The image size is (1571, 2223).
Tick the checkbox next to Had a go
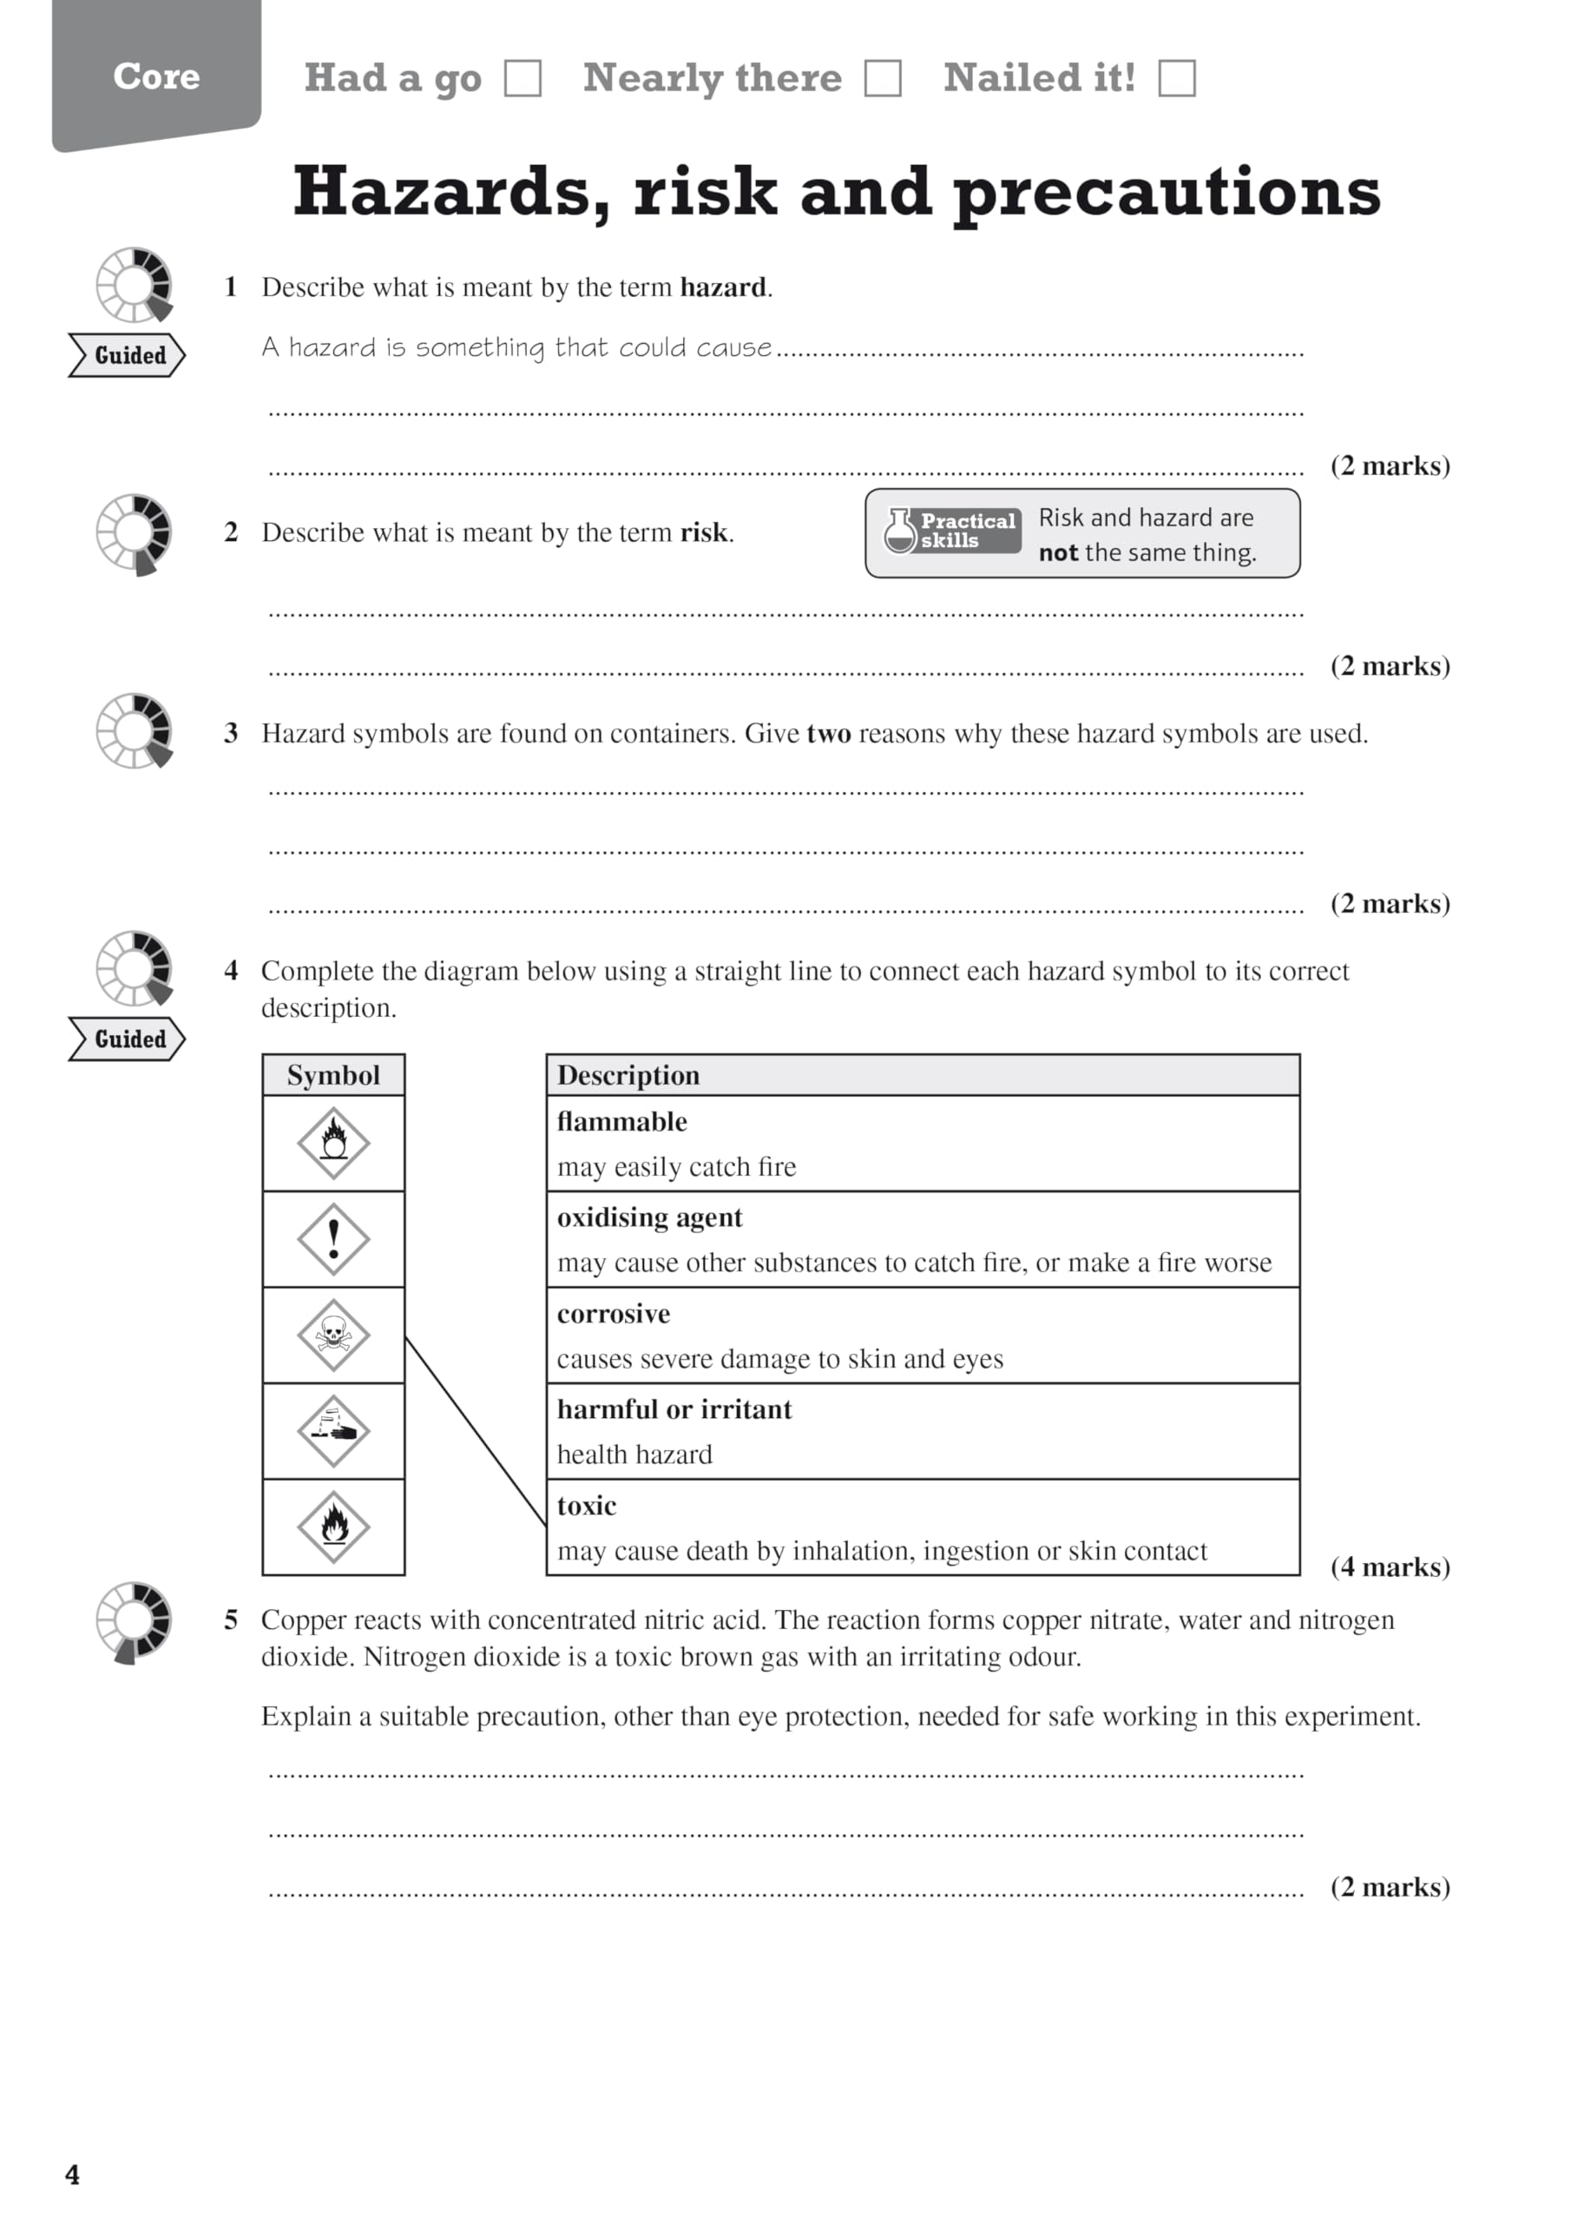coord(523,78)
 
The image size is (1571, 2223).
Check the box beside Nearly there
coord(882,78)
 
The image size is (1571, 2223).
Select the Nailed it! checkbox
coord(1176,78)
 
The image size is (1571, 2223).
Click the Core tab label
coord(156,76)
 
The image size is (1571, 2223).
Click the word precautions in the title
coord(1167,192)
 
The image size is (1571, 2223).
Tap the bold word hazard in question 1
coord(722,287)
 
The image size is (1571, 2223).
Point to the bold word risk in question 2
coord(704,532)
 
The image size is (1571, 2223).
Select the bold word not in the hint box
coord(1057,553)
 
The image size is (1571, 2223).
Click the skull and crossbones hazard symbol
coord(333,1336)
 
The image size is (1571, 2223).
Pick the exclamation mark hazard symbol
coord(333,1239)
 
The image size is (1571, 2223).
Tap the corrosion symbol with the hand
coord(333,1431)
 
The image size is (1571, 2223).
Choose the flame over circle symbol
coord(333,1143)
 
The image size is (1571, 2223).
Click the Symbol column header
coord(333,1076)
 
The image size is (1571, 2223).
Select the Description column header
coord(628,1076)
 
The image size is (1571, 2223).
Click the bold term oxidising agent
coord(649,1218)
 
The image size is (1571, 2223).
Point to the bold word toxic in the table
coord(587,1507)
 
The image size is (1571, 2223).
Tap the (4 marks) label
coord(1390,1567)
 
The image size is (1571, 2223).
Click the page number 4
coord(73,2174)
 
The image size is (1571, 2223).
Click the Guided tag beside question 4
coord(128,1039)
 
